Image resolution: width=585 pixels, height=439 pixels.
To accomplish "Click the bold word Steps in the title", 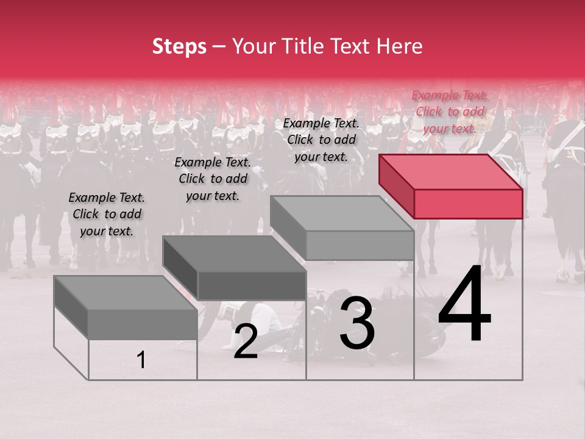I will [x=179, y=46].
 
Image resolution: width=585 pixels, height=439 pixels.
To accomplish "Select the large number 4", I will [x=464, y=305].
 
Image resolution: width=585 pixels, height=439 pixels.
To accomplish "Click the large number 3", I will [x=357, y=324].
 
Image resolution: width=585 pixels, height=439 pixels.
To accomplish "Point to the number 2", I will [x=246, y=341].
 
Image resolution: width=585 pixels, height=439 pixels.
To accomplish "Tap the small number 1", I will [x=141, y=360].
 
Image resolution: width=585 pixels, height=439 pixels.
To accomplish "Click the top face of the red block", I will [x=450, y=171].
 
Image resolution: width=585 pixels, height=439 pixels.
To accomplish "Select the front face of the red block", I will [x=468, y=204].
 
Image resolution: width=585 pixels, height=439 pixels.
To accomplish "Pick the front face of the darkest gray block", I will [x=252, y=285].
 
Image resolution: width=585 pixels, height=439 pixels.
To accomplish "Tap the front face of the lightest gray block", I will [x=360, y=245].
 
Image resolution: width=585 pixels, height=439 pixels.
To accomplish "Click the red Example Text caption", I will [x=450, y=112].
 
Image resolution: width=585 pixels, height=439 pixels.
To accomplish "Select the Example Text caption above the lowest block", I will [x=107, y=214].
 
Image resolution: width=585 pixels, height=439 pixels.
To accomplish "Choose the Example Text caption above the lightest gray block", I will [x=321, y=140].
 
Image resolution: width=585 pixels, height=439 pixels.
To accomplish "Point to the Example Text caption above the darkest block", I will [x=213, y=179].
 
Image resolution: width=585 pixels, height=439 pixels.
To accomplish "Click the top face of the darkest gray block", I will [x=234, y=252].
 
